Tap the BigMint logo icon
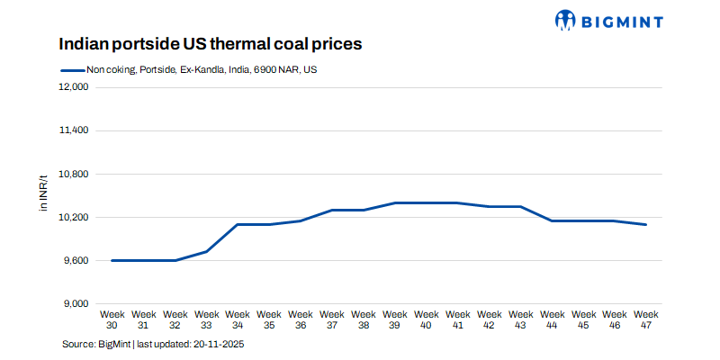[x=564, y=19]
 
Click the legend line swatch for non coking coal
[x=71, y=69]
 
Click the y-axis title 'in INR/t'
[x=42, y=195]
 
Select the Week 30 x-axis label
[x=112, y=319]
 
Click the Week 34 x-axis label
[x=238, y=319]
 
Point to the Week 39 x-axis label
[x=395, y=319]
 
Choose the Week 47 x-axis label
[x=646, y=319]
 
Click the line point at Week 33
[x=206, y=251]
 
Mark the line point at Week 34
[x=238, y=224]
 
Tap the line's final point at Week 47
[x=646, y=224]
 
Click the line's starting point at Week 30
[x=112, y=260]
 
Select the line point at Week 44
[x=552, y=220]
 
